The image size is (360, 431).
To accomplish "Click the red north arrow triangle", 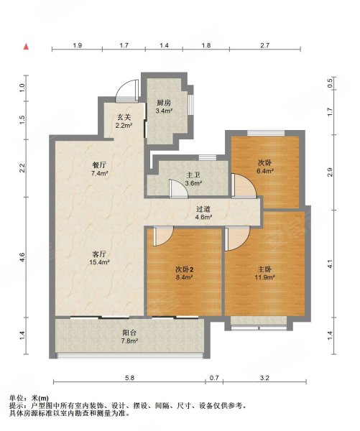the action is (26, 47).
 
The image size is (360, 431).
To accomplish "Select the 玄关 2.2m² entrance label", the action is (124, 121).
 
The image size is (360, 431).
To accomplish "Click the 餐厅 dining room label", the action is (99, 169).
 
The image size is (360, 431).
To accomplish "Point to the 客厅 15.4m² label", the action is (100, 258).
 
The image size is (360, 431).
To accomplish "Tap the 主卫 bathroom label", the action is (193, 179).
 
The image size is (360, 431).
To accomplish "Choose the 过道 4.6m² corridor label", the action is (203, 213).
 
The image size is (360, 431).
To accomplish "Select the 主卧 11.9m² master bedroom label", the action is (265, 273).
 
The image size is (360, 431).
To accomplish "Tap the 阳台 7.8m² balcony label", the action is (130, 336).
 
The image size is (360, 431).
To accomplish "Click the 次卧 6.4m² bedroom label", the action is (264, 167).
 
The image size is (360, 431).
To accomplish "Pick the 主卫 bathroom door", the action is (179, 188).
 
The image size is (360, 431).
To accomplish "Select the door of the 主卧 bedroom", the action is (237, 238).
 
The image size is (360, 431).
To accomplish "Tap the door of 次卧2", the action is (163, 236).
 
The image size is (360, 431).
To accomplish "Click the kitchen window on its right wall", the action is (190, 104).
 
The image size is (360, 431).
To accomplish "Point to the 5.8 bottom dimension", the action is (129, 378).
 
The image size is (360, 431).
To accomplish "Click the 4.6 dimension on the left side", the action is (22, 257).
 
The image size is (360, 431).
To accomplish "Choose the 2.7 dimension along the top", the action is (265, 45).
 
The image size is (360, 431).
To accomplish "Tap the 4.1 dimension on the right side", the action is (330, 264).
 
